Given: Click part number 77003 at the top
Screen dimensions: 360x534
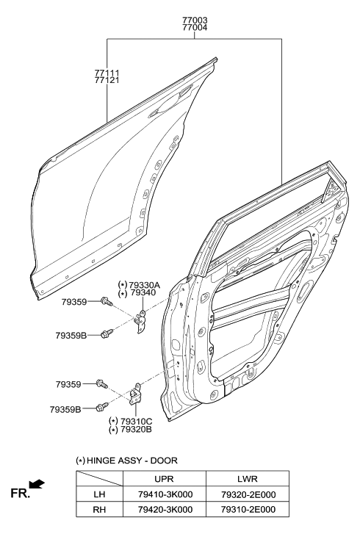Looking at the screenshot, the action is click(195, 21).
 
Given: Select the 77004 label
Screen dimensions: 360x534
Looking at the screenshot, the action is click(195, 28).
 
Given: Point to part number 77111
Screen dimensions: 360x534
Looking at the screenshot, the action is click(107, 73).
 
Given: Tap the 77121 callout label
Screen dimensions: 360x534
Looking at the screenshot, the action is click(107, 80).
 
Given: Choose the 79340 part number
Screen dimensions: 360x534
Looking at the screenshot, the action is click(142, 293).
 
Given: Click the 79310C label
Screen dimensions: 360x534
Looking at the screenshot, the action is click(137, 422).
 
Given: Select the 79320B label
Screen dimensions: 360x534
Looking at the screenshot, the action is click(136, 430).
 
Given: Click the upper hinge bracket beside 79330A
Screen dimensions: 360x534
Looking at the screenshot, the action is click(140, 322).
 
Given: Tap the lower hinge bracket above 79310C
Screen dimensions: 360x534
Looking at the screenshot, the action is click(136, 394).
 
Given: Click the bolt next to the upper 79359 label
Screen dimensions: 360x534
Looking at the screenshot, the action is click(107, 301).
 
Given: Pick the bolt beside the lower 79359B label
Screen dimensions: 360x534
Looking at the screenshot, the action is click(102, 406).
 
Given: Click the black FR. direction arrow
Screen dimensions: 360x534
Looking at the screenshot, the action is click(37, 484).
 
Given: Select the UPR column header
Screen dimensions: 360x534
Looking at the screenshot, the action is click(164, 479).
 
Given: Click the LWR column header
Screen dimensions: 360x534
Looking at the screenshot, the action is click(248, 479).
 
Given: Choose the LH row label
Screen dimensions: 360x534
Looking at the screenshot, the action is click(99, 494).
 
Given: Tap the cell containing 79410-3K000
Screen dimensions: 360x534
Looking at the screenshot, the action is click(165, 494).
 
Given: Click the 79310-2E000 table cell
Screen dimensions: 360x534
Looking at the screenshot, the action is click(248, 510).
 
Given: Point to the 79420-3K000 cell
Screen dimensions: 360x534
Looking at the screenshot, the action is click(165, 510).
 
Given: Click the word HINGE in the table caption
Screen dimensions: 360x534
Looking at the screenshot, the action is click(101, 461).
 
